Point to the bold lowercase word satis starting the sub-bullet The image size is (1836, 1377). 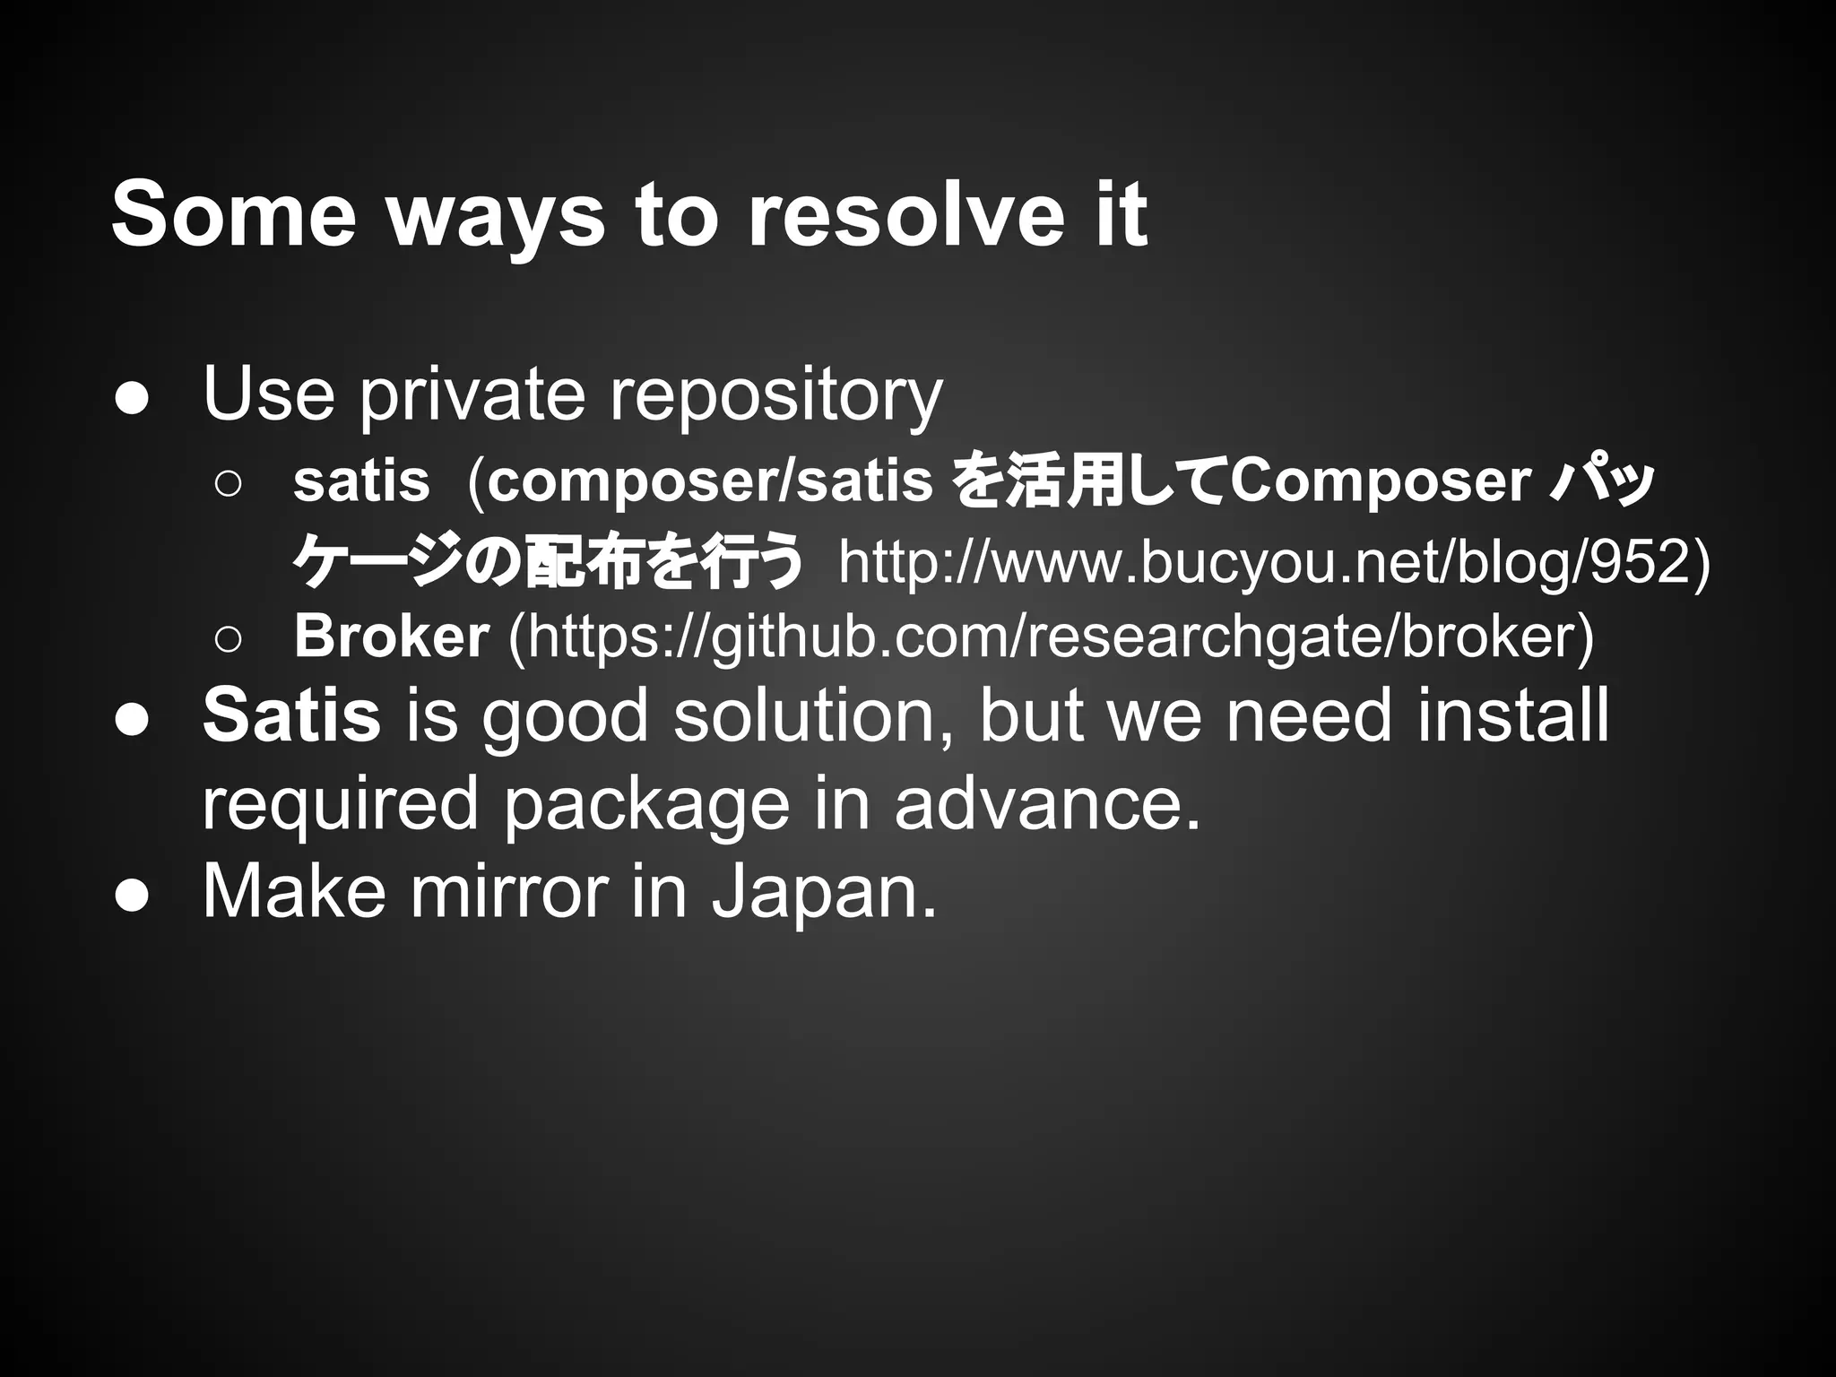(361, 481)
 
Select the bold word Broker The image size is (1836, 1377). (392, 636)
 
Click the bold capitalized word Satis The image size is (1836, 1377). (291, 715)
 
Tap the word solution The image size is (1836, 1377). (813, 715)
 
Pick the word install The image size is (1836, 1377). (1513, 715)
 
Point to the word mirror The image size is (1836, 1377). (507, 891)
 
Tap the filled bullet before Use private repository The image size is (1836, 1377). (131, 399)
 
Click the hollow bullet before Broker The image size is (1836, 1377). (228, 639)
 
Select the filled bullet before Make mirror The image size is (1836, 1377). (131, 896)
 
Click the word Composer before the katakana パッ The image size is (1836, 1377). (1380, 481)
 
